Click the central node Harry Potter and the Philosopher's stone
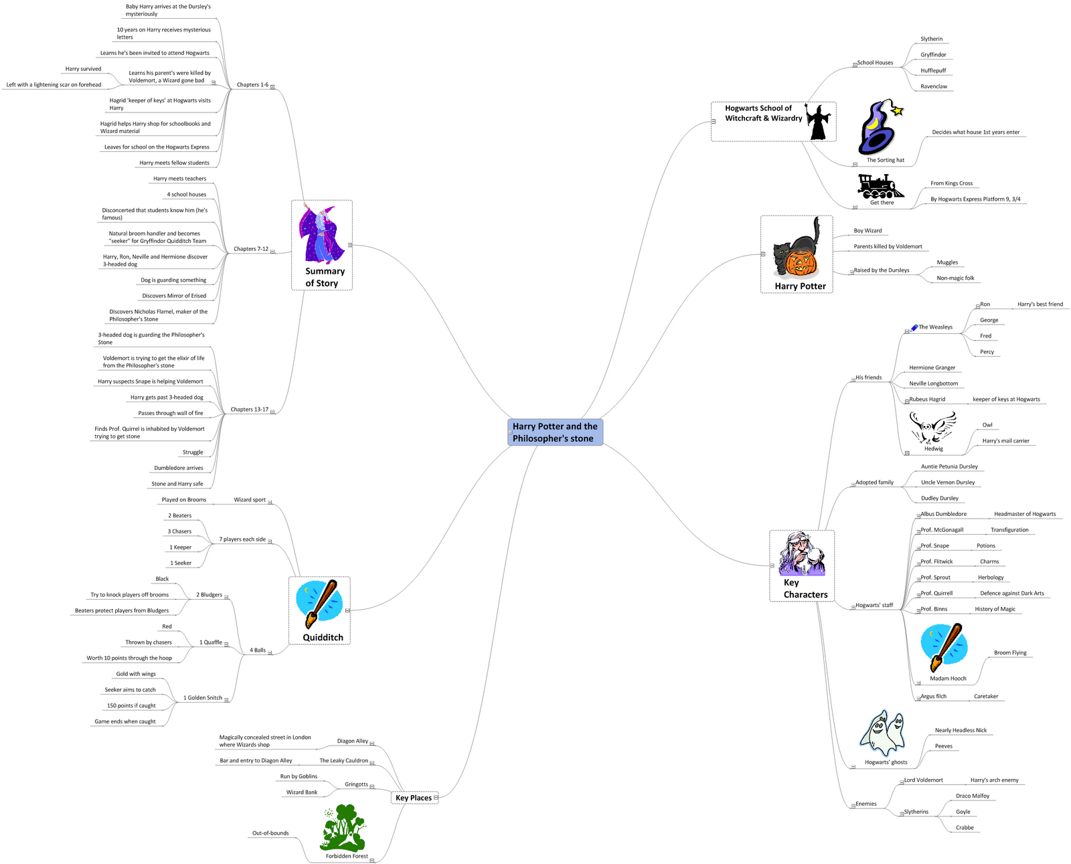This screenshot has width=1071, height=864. pyautogui.click(x=555, y=432)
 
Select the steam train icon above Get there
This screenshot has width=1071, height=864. pyautogui.click(x=880, y=185)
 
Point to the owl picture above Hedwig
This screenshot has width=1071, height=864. pyautogui.click(x=932, y=427)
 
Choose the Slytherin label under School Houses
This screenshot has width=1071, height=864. pyautogui.click(x=931, y=39)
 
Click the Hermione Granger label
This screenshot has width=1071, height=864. pyautogui.click(x=932, y=367)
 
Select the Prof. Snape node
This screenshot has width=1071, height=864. pyautogui.click(x=934, y=545)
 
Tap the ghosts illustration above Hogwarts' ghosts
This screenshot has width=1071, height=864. pyautogui.click(x=883, y=733)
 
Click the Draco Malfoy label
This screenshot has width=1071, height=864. pyautogui.click(x=972, y=796)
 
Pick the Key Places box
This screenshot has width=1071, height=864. pyautogui.click(x=414, y=798)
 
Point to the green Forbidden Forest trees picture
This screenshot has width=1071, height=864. pyautogui.click(x=344, y=828)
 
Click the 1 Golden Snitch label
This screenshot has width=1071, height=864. pyautogui.click(x=203, y=697)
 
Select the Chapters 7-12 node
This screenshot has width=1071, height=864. pyautogui.click(x=251, y=249)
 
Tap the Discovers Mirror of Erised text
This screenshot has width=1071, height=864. pyautogui.click(x=174, y=296)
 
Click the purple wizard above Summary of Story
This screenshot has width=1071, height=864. pyautogui.click(x=321, y=234)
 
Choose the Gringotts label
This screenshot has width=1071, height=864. pyautogui.click(x=356, y=784)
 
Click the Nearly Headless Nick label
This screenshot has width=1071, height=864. pyautogui.click(x=961, y=730)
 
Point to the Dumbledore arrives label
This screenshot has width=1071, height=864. pyautogui.click(x=178, y=468)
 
